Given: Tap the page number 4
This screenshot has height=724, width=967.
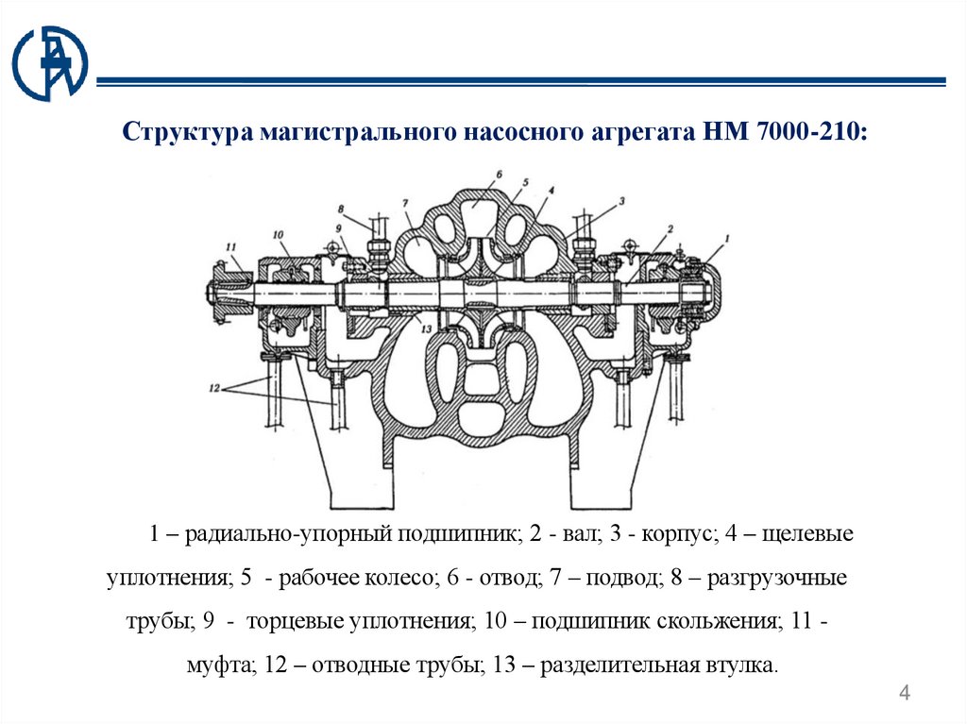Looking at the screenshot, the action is pos(905,696).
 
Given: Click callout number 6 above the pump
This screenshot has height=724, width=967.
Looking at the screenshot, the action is pos(498,175).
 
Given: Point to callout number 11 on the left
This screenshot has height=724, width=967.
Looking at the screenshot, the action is pos(229,247).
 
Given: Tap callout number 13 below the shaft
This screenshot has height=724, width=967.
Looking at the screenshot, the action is pos(425,328).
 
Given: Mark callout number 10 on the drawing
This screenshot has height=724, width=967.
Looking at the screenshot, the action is pos(278,234).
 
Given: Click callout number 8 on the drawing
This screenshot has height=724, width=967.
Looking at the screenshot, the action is pos(342,209).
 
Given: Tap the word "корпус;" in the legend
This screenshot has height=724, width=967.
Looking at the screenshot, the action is pos(674,535).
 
